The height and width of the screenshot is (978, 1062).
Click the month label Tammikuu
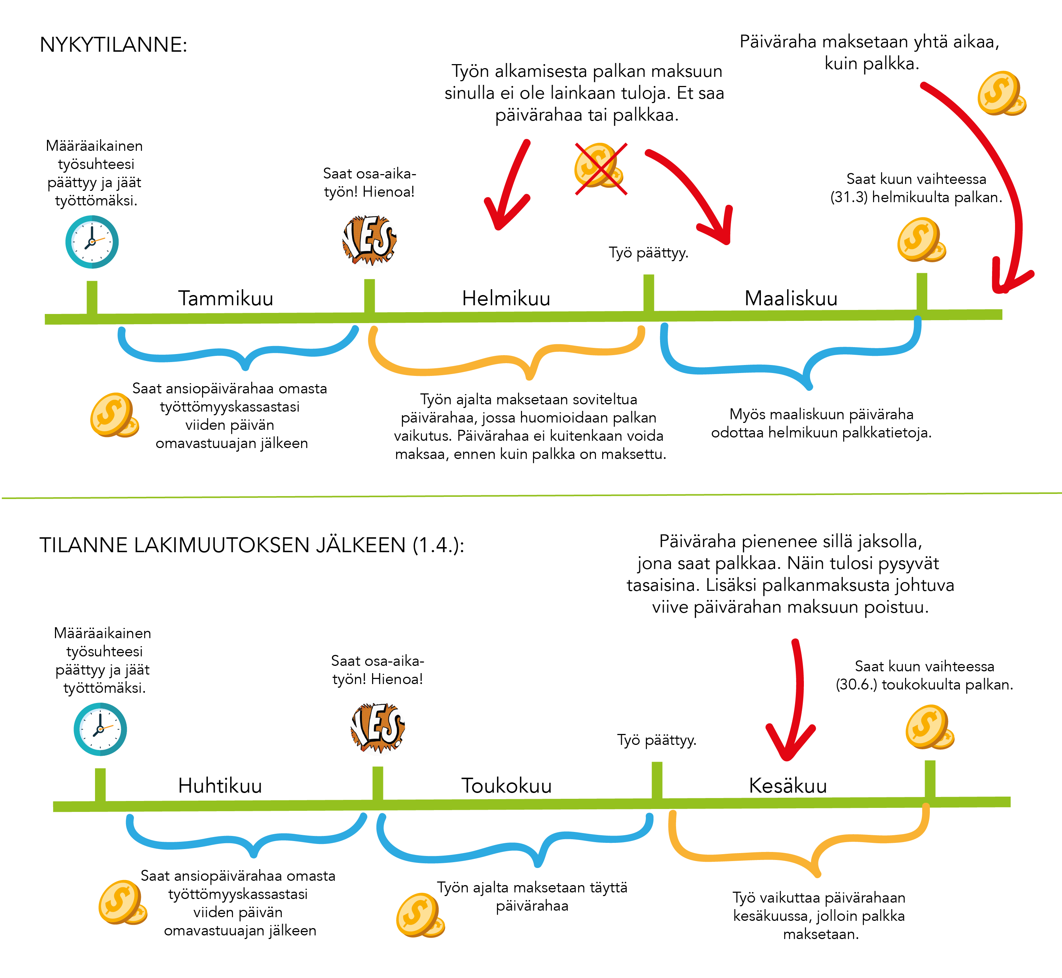225,298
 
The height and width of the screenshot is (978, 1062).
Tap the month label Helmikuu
506,298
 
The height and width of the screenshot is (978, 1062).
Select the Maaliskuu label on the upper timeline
791,298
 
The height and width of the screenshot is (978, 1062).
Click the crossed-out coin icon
601,168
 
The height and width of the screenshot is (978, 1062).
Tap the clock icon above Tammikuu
92,242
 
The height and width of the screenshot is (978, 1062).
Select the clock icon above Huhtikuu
100,729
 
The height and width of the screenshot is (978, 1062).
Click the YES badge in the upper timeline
370,240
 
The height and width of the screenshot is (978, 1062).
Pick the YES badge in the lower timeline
378,727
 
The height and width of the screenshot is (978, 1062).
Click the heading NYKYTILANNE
113,45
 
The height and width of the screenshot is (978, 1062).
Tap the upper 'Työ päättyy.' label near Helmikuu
648,253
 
